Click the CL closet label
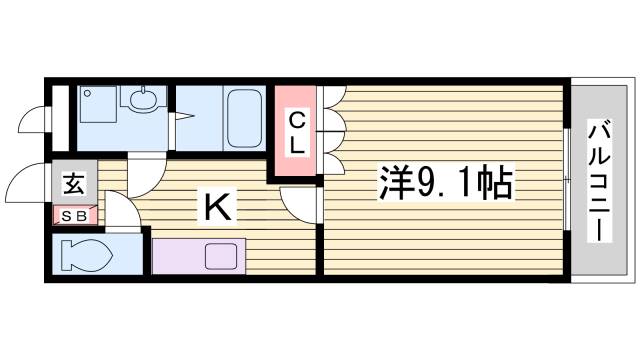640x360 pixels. click(297, 133)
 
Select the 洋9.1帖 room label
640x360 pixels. click(445, 184)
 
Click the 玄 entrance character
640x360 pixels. click(74, 184)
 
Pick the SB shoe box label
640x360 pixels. click(75, 215)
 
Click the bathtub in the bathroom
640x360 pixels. click(243, 118)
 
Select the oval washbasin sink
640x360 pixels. click(140, 100)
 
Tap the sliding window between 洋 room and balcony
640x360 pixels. click(566, 180)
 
